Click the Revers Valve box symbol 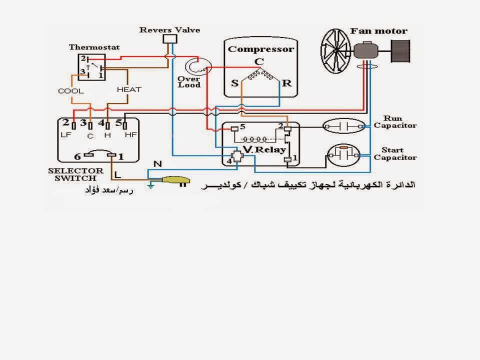[x=170, y=39]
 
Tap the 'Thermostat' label [x=94, y=47]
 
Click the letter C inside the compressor [x=259, y=61]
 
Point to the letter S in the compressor [x=235, y=83]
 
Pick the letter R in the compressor [x=287, y=83]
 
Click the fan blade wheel [x=336, y=51]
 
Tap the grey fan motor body [x=366, y=50]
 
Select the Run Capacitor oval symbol [x=344, y=126]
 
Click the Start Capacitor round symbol [x=343, y=155]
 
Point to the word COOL [x=70, y=91]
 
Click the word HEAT [x=129, y=89]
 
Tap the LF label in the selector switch [x=66, y=134]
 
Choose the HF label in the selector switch [x=130, y=134]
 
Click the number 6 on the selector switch [x=77, y=157]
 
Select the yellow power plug [x=175, y=180]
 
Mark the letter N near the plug [x=157, y=164]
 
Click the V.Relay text [x=264, y=149]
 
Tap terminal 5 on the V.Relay [x=242, y=126]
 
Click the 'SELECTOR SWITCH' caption [x=75, y=174]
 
